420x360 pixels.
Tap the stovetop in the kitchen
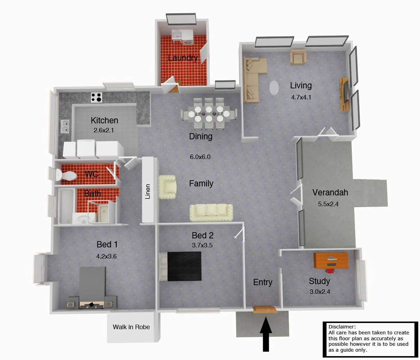coord(96,97)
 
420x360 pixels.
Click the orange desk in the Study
coord(331,261)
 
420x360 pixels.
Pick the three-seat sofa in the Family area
coord(211,212)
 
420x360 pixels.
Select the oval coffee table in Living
coord(274,88)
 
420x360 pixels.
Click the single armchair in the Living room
coord(298,58)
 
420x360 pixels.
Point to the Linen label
coord(148,191)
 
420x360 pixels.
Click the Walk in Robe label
coord(131,327)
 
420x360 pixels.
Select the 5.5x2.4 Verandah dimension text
coord(328,204)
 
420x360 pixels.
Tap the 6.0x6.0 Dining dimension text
coord(200,157)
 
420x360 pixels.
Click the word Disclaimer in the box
coord(342,327)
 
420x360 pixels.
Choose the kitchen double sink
coord(65,126)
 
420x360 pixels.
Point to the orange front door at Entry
coord(265,309)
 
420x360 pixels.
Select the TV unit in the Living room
coord(344,94)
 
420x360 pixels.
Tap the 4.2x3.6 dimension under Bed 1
coord(106,256)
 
